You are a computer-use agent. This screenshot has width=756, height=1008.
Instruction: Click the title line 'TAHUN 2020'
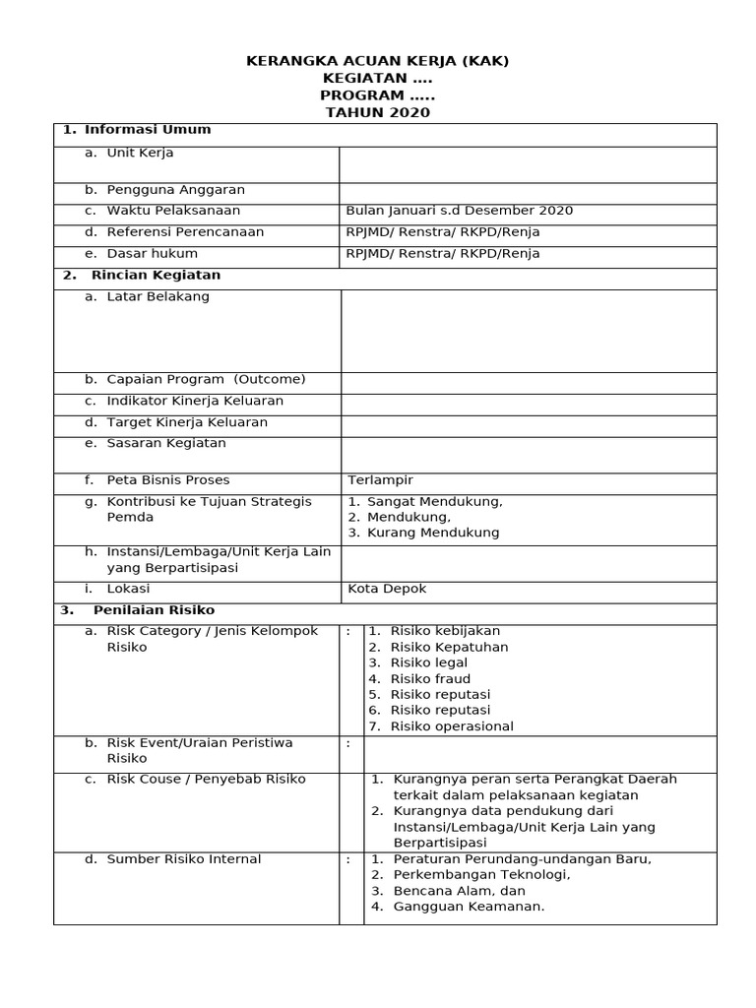point(378,113)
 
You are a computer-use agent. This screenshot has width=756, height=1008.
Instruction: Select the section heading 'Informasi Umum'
point(148,130)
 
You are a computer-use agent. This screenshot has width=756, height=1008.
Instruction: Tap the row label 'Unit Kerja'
point(140,154)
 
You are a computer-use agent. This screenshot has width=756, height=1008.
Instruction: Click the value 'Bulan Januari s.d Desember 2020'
point(459,211)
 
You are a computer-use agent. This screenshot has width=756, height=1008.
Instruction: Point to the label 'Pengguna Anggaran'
point(176,190)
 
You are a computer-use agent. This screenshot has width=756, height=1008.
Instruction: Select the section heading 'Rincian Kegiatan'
point(156,276)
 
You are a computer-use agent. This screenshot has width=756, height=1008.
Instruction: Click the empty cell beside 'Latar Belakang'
point(528,331)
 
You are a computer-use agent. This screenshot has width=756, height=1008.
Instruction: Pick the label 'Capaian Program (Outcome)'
point(206,380)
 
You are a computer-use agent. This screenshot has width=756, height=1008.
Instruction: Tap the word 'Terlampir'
point(381,480)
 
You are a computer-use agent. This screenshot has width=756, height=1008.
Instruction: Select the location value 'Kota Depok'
point(387,590)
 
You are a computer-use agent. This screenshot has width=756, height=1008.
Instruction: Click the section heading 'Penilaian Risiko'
point(154,610)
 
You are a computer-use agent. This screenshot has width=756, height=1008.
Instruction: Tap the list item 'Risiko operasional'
point(452,727)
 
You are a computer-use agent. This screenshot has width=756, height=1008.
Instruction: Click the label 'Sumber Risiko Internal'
point(184,860)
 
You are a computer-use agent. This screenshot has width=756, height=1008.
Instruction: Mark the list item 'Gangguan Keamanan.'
point(469,907)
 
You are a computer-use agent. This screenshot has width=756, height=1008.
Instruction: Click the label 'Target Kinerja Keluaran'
point(187,423)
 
